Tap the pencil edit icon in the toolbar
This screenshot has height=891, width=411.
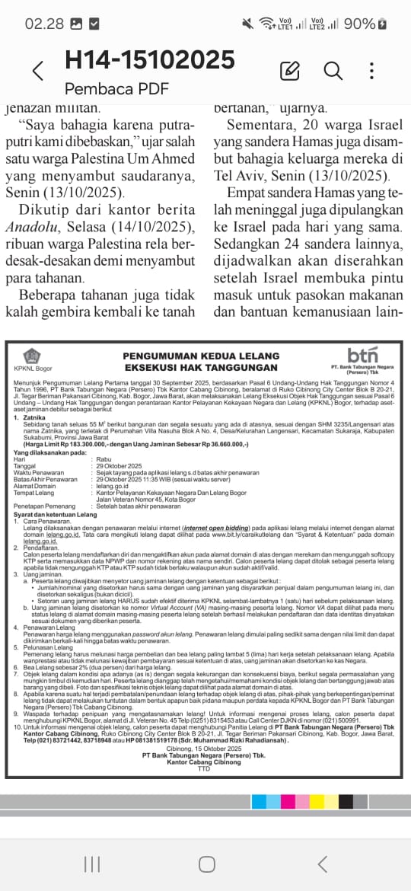[x=289, y=72]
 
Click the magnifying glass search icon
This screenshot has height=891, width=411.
[x=333, y=72]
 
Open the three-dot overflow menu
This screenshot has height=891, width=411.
[x=371, y=72]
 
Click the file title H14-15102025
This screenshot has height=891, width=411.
[x=149, y=59]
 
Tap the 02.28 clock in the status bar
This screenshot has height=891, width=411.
[x=44, y=24]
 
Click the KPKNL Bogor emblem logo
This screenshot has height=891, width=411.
[x=31, y=356]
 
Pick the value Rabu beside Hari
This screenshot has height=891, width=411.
[x=102, y=459]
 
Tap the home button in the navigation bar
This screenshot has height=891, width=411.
[x=206, y=864]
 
